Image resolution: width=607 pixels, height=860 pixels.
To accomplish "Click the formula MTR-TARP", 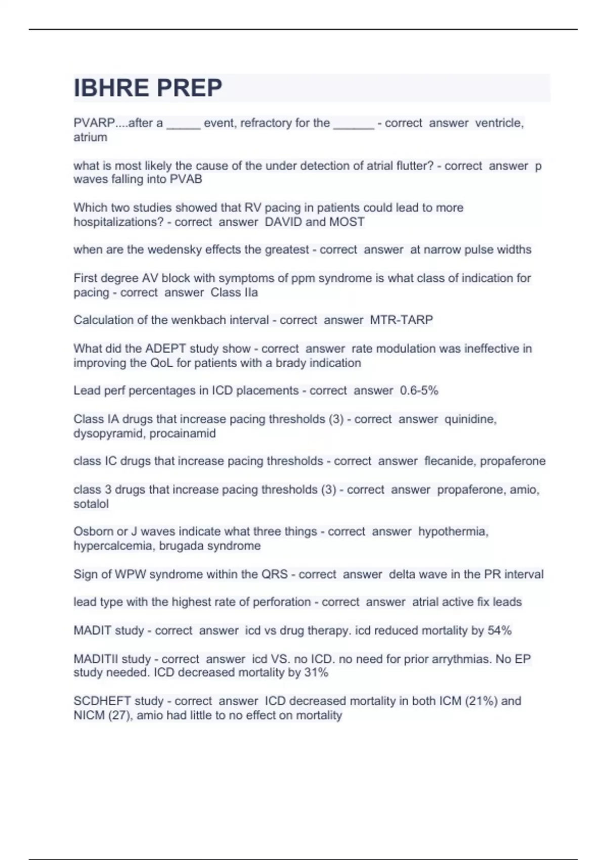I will [402, 320].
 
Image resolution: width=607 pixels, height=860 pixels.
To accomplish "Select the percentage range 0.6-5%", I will [419, 391].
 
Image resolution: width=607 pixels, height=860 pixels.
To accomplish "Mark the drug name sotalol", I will [91, 504].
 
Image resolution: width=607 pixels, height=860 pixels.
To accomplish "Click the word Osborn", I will [93, 532].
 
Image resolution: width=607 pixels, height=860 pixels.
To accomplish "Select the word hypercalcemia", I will [114, 546].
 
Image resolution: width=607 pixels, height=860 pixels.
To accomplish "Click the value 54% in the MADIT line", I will [499, 631].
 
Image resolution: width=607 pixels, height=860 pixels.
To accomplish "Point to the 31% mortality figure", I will [317, 673].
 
